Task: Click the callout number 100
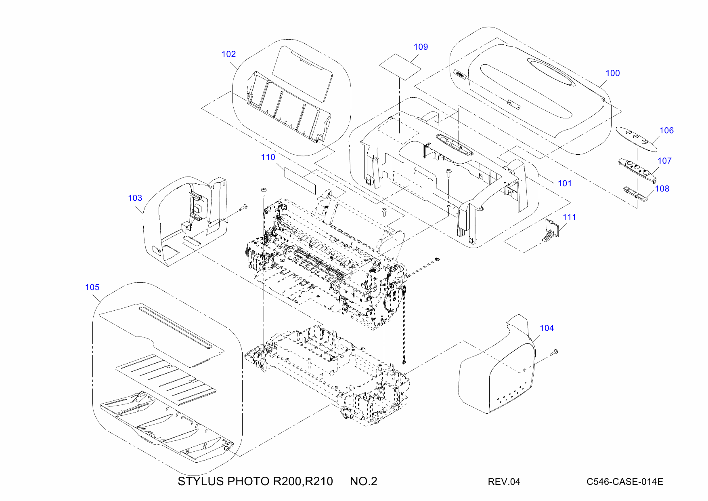click(x=612, y=73)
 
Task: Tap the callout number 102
click(x=228, y=54)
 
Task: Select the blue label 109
click(x=421, y=47)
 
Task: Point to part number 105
click(x=92, y=287)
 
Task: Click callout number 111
click(x=569, y=217)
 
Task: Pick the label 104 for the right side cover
click(x=547, y=328)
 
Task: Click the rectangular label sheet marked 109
click(x=400, y=66)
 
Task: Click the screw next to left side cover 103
click(x=243, y=208)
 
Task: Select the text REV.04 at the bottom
click(x=504, y=482)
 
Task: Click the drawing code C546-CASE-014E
click(x=624, y=482)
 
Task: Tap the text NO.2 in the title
click(x=363, y=481)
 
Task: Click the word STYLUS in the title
click(x=201, y=481)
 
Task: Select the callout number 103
click(x=135, y=198)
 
